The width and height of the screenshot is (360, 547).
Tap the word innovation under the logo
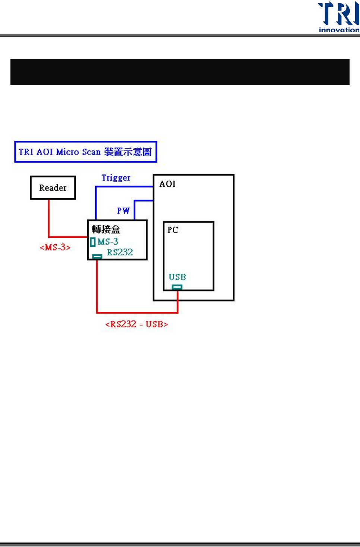339,30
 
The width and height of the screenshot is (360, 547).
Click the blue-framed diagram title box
85,152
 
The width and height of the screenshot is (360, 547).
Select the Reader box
53,188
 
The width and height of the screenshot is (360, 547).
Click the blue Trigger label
116,178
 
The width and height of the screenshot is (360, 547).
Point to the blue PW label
123,211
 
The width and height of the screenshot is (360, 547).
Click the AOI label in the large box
168,184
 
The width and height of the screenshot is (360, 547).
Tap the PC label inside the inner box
173,230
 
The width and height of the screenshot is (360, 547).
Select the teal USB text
177,277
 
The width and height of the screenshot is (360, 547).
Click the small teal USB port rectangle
177,287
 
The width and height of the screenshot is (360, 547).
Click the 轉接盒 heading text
106,229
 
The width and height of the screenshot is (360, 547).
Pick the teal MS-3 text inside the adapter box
108,242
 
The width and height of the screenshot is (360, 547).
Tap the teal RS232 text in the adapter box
120,252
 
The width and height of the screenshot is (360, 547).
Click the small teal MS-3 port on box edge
93,242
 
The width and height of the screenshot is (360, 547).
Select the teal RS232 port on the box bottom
97,257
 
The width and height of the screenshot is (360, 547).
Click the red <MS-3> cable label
55,247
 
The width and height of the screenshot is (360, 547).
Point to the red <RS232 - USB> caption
137,324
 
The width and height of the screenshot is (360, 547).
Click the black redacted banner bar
180,72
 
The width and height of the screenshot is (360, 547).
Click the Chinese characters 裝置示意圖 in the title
128,152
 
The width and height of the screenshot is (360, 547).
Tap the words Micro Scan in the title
78,152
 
